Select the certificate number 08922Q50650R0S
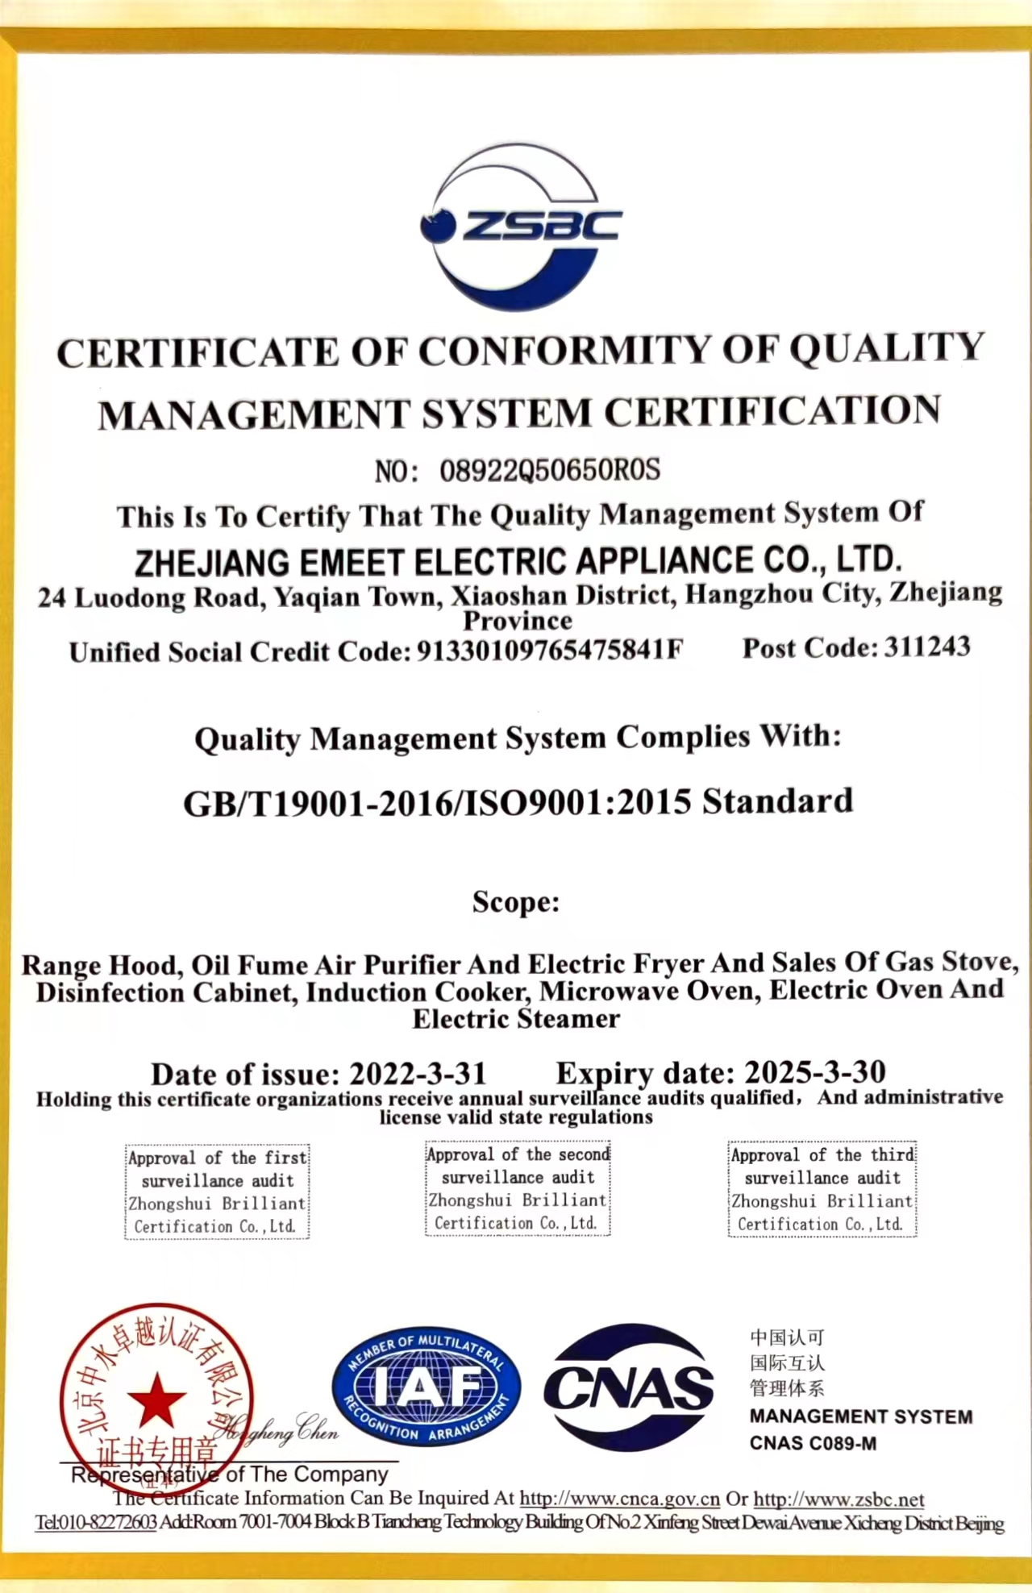(x=550, y=470)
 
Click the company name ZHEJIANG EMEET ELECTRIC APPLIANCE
(x=518, y=561)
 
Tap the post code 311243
(x=927, y=647)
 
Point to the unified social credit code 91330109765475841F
(x=549, y=650)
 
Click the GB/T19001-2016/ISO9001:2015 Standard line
(x=518, y=802)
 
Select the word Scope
(x=516, y=901)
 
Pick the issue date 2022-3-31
(x=418, y=1074)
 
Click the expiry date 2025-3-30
(x=814, y=1072)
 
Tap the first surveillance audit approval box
(x=218, y=1192)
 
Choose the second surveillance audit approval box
(x=518, y=1188)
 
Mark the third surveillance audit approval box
(x=822, y=1189)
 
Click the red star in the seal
(x=156, y=1400)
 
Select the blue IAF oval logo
(x=426, y=1387)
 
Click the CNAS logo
(x=629, y=1388)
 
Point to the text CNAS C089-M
(x=813, y=1443)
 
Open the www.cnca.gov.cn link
(x=619, y=1499)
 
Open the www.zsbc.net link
(x=838, y=1499)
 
